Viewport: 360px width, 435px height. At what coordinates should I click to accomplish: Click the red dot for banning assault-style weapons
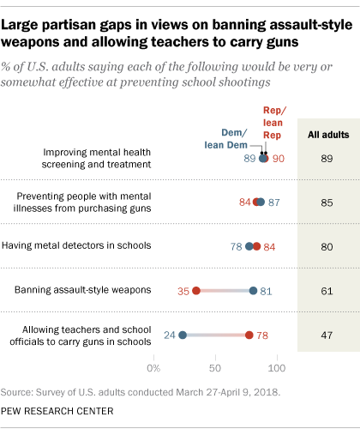(196, 291)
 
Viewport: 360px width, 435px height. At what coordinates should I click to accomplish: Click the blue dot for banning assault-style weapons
(253, 291)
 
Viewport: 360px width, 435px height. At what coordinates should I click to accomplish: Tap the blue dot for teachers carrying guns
(183, 335)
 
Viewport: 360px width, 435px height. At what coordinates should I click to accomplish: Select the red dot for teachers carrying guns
(249, 335)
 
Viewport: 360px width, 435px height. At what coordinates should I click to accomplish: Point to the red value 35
(182, 291)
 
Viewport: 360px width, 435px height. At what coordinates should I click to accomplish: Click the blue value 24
(169, 335)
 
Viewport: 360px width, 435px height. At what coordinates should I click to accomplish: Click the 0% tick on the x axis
(154, 368)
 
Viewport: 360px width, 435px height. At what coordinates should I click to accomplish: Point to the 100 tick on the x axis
(277, 368)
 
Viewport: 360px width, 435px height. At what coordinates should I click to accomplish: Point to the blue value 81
(267, 291)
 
